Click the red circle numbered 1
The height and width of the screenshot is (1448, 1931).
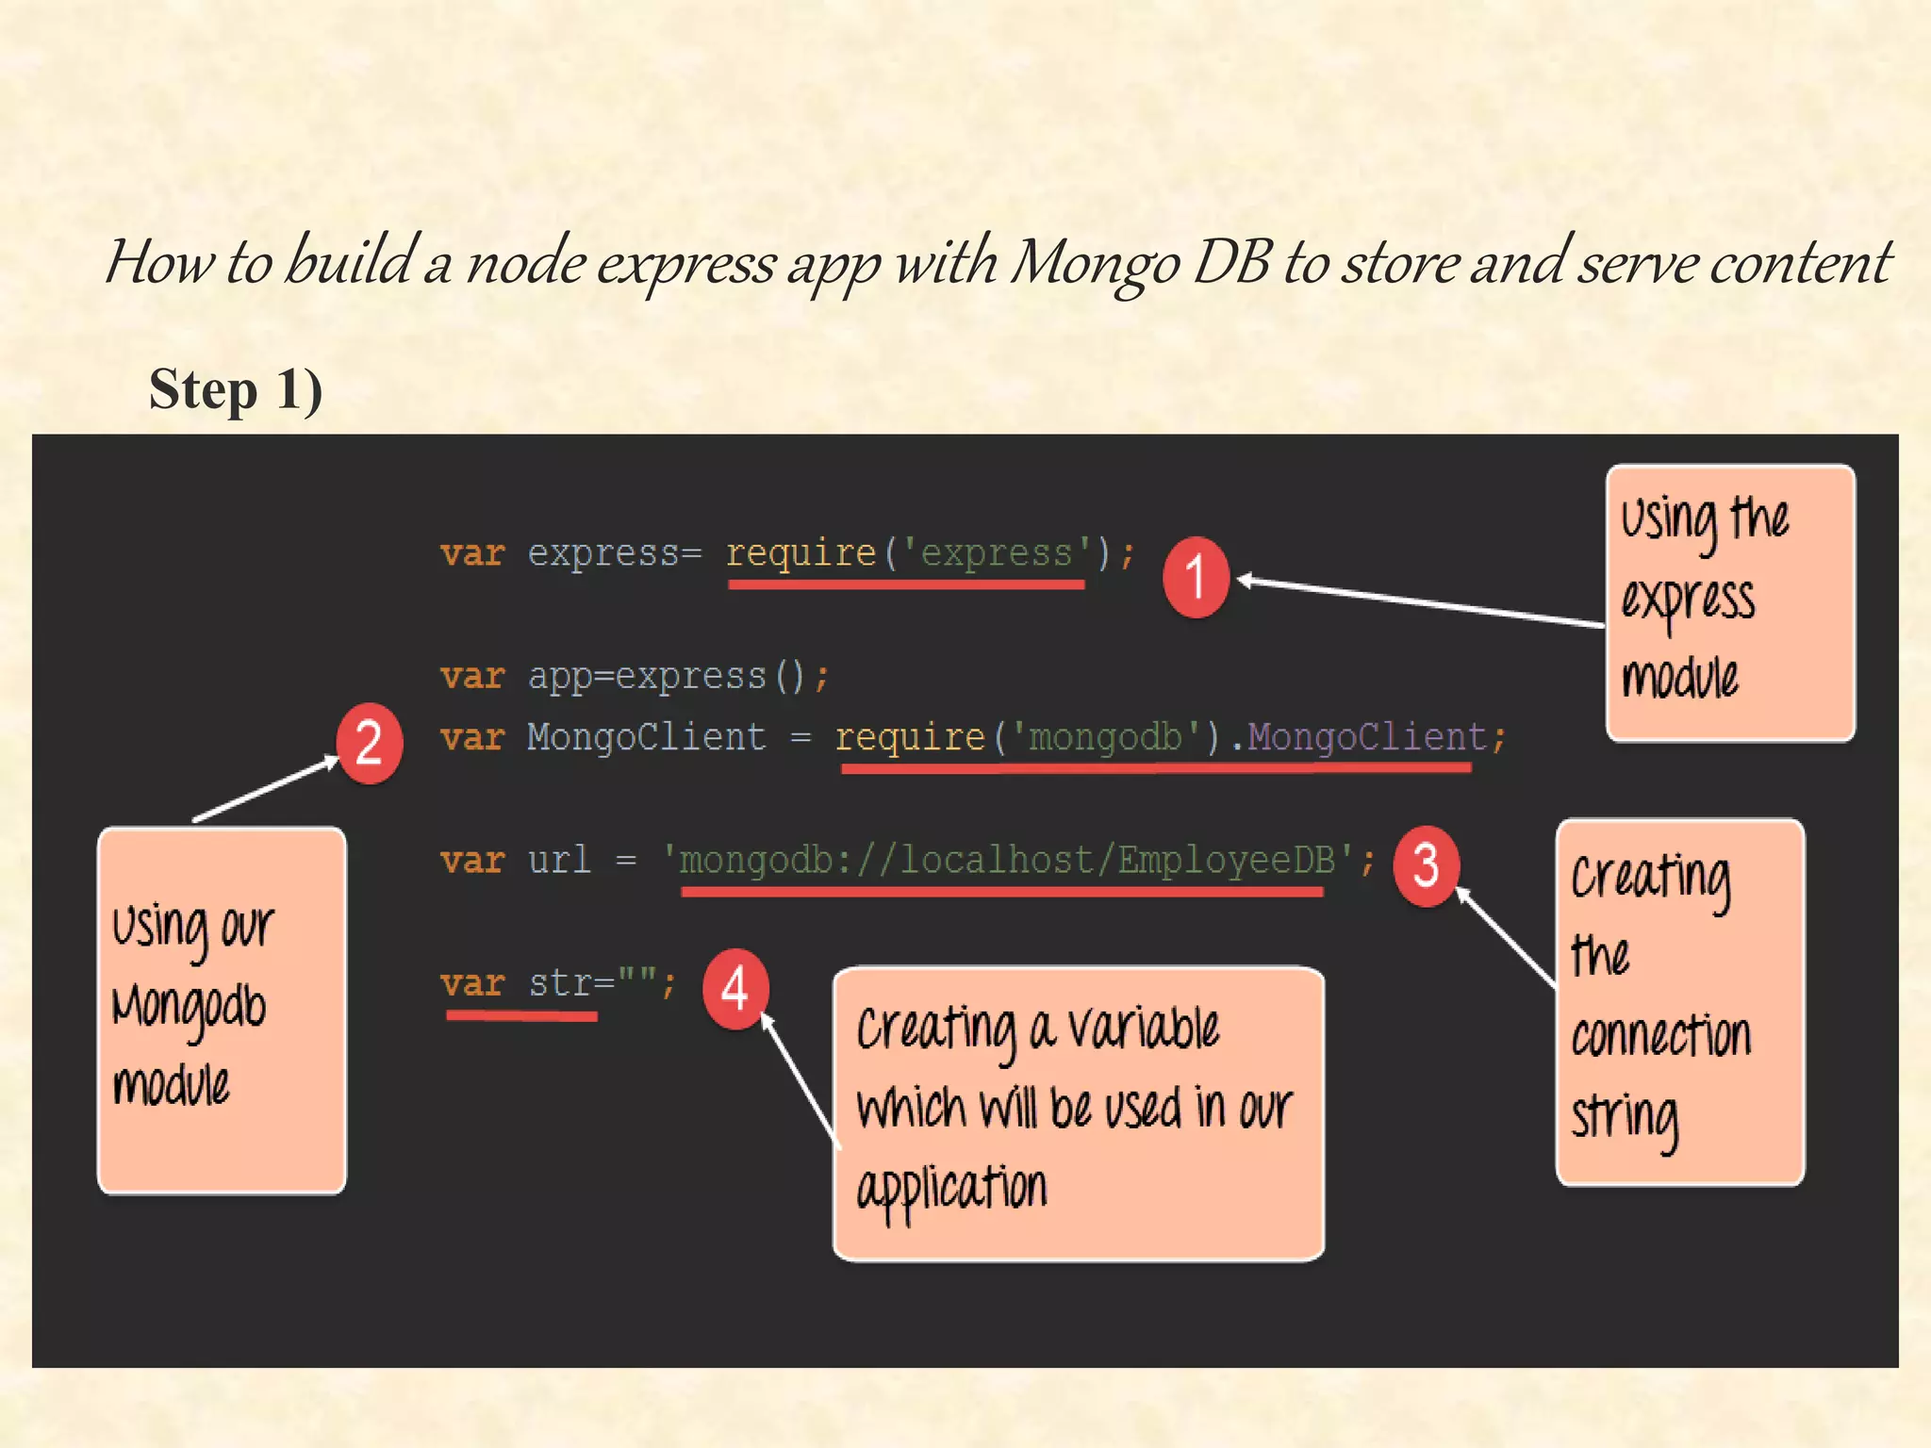coord(1196,577)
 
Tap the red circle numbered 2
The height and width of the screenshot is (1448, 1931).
coord(369,743)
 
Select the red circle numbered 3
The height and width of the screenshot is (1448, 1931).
coord(1426,865)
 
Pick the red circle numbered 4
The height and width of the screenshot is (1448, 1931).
coord(735,989)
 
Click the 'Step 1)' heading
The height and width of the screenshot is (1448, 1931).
coord(236,389)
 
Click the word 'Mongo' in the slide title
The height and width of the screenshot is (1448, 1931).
coord(1094,262)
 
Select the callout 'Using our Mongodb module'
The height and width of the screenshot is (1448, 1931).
coord(222,1010)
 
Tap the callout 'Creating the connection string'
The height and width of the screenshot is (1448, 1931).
coord(1679,1001)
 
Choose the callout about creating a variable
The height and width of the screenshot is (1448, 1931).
coord(1078,1112)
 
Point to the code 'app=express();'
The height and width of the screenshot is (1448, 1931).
coord(678,676)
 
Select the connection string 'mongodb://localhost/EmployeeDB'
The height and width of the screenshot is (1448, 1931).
coord(1007,860)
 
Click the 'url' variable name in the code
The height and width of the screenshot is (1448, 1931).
coord(559,860)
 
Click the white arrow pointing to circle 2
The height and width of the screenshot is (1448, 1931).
coord(266,788)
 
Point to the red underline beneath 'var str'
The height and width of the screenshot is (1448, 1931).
coord(521,1016)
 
